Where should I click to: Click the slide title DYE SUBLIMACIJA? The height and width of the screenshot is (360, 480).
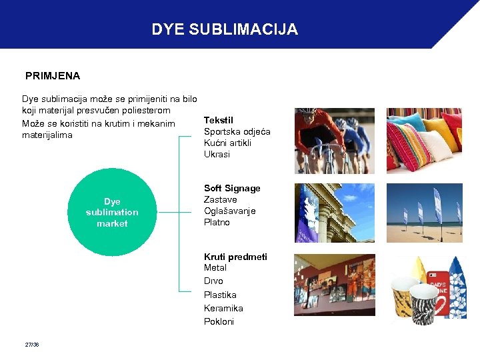(x=225, y=30)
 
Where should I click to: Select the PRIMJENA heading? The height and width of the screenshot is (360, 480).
(x=53, y=76)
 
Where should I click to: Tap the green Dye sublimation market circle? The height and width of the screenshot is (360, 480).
(x=112, y=213)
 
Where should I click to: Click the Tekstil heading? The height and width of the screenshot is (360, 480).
(x=219, y=120)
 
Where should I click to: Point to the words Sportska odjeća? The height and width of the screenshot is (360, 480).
(x=237, y=131)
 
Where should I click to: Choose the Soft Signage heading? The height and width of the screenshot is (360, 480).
(x=232, y=189)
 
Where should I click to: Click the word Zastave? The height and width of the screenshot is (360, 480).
(x=220, y=200)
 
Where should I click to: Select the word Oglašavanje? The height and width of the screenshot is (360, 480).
(x=229, y=211)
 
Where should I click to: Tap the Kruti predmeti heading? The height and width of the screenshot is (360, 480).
(x=235, y=257)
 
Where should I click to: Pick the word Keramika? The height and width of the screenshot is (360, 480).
(x=223, y=309)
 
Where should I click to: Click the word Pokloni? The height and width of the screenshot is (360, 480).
(x=219, y=322)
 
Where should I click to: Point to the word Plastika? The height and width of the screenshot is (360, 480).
(x=220, y=295)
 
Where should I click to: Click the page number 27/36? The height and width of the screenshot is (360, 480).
(x=31, y=345)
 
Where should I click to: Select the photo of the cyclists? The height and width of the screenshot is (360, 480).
(x=334, y=141)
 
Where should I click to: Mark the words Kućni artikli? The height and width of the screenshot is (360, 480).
(x=227, y=143)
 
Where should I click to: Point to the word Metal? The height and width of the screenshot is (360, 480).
(x=215, y=268)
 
